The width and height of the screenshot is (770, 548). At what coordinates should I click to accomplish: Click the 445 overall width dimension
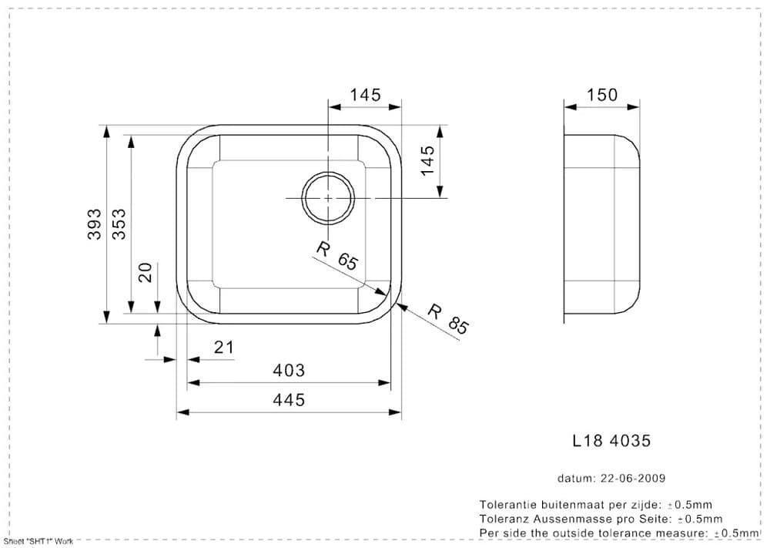click(x=289, y=400)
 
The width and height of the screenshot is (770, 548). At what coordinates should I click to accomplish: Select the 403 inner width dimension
click(x=289, y=371)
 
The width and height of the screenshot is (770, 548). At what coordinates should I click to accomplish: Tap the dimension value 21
click(x=223, y=348)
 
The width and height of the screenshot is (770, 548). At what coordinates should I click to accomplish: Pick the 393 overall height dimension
click(x=93, y=224)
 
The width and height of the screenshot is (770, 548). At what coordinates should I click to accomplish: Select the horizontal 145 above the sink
click(x=365, y=95)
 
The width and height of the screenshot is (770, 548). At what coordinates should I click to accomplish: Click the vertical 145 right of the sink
click(x=428, y=161)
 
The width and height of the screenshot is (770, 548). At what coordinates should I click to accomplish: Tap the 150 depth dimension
click(x=602, y=95)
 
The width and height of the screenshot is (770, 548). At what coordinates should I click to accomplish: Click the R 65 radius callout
click(x=337, y=255)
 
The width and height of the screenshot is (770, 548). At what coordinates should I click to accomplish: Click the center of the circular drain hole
click(x=328, y=198)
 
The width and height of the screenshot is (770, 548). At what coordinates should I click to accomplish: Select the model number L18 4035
click(x=612, y=441)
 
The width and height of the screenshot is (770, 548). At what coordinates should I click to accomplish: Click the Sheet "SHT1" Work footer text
click(x=38, y=541)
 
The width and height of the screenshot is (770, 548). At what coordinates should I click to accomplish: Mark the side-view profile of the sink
click(x=601, y=224)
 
